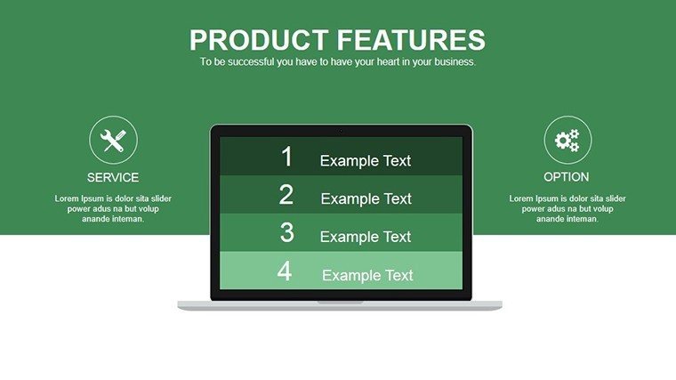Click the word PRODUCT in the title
coord(259,40)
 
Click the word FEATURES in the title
coord(411,40)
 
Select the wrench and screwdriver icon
coord(113,141)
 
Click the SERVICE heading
coord(113,177)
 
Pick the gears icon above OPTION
coord(567,141)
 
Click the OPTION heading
coord(566,177)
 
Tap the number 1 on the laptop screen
coord(287,156)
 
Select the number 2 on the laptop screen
coord(286,195)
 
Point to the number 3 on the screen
coord(286,232)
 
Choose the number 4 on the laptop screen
coord(285,271)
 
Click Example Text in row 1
coord(366,161)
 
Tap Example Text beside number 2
coord(366,198)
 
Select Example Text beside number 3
coord(366,237)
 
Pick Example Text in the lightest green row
coord(367,275)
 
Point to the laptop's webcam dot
coord(341,131)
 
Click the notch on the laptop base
coord(340,303)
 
